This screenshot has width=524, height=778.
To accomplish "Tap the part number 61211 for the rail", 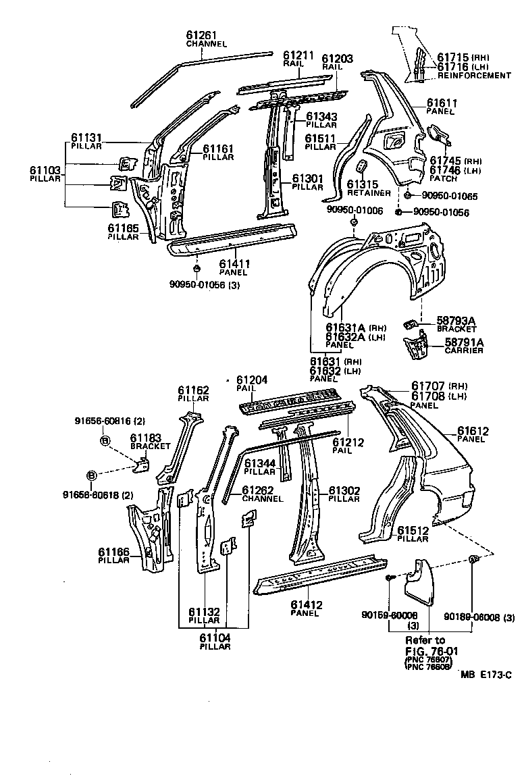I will pos(298,55).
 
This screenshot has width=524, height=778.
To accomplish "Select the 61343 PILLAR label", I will pos(321,116).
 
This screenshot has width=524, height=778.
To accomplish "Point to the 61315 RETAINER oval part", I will pos(361,166).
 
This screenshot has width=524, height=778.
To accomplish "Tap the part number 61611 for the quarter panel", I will pos(442,103).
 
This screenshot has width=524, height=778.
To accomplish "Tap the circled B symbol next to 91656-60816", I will pos(105,440).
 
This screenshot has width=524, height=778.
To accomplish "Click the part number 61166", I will pos(113,552).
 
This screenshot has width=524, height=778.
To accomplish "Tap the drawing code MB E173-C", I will pos(486,674).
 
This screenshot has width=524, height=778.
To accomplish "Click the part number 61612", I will pos(473,430).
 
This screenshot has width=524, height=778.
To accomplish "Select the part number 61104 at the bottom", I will pos(215,637).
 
